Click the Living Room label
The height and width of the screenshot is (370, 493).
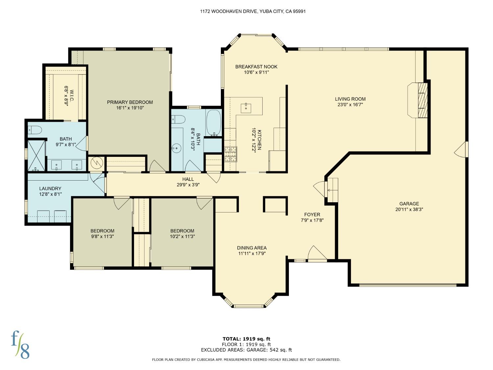[350, 99]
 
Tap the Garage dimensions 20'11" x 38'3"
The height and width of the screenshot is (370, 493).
[409, 209]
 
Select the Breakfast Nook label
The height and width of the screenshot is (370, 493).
[256, 67]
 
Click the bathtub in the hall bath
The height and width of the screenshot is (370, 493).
[214, 123]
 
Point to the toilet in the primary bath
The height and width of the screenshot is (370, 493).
[35, 130]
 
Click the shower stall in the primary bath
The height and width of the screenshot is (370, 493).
[36, 155]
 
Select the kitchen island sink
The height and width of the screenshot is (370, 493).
[246, 107]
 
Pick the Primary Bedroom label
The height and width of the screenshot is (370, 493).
[130, 102]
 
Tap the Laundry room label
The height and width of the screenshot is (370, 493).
[50, 188]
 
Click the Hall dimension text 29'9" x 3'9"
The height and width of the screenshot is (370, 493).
[188, 185]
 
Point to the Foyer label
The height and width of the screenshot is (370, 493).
[312, 215]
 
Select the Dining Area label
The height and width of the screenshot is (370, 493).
[252, 248]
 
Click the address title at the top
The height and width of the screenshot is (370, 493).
[253, 11]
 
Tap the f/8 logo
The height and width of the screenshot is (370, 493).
[20, 344]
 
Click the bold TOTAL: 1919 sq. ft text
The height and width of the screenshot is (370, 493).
[246, 339]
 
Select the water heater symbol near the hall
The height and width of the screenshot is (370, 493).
[97, 163]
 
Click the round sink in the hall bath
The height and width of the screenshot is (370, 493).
[177, 149]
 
